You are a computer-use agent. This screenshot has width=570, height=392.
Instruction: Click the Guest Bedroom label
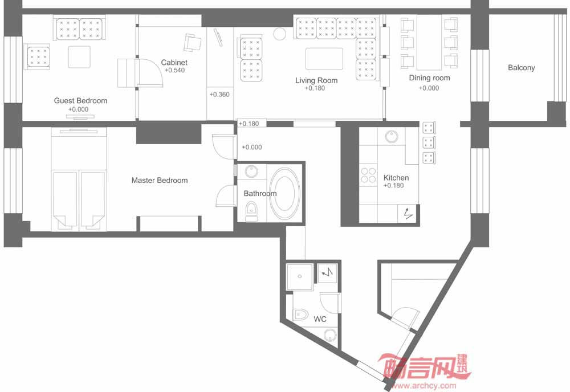[x=80, y=101]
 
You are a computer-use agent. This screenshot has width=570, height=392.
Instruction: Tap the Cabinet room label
[x=174, y=63]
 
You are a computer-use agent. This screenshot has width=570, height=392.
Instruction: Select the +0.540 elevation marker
[x=175, y=71]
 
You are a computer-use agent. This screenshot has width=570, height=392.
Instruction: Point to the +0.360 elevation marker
[x=219, y=95]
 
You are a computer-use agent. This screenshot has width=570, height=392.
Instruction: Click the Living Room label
[x=316, y=80]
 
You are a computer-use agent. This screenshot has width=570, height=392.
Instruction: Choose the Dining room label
[x=429, y=77]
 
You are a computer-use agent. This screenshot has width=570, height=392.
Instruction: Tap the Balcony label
[x=522, y=68]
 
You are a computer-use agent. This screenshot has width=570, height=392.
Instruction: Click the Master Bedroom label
[x=160, y=180]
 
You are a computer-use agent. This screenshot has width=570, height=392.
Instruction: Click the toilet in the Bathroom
[x=251, y=211]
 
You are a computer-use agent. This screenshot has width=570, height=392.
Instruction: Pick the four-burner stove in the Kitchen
[x=368, y=175]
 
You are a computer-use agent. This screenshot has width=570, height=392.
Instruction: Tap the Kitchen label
[x=396, y=178]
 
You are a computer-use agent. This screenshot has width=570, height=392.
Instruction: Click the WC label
[x=320, y=319]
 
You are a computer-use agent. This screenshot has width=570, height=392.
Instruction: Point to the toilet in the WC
[x=300, y=315]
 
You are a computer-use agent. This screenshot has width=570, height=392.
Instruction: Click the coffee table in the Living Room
[x=324, y=59]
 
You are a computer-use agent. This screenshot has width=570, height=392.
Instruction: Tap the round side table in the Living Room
[x=280, y=34]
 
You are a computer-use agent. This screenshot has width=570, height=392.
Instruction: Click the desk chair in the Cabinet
[x=192, y=43]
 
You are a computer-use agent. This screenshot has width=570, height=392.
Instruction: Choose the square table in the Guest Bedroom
[x=79, y=56]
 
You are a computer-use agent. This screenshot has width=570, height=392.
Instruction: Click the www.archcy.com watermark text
[x=424, y=386]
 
